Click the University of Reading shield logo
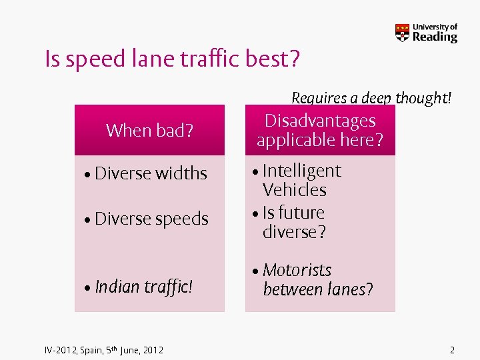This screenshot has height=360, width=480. click(402, 33)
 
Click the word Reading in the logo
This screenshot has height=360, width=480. click(435, 37)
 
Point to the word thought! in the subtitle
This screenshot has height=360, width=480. click(423, 99)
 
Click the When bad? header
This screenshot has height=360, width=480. click(149, 130)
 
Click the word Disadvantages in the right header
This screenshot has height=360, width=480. click(320, 121)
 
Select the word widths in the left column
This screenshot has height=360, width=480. click(181, 173)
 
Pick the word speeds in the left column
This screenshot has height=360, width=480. click(181, 219)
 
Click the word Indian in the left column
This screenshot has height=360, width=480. click(117, 287)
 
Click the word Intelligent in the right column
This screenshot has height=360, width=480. click(301, 171)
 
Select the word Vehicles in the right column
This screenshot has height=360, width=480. click(294, 190)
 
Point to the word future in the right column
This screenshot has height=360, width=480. click(301, 213)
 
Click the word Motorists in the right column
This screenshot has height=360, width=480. click(297, 270)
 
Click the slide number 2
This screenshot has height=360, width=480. click(452, 349)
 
